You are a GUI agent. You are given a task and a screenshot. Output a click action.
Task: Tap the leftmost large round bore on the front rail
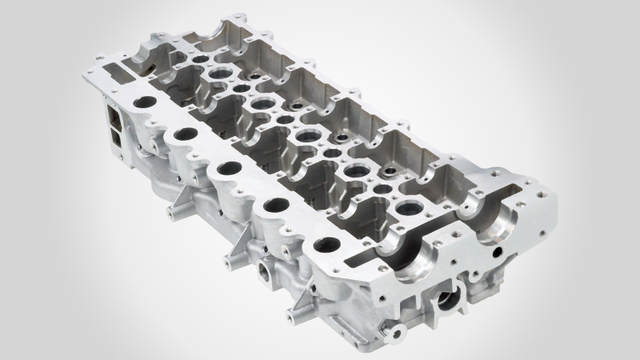click(146, 103)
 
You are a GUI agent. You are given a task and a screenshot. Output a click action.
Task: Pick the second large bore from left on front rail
click(184, 134)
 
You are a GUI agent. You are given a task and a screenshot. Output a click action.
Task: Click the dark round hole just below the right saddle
click(498, 252)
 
